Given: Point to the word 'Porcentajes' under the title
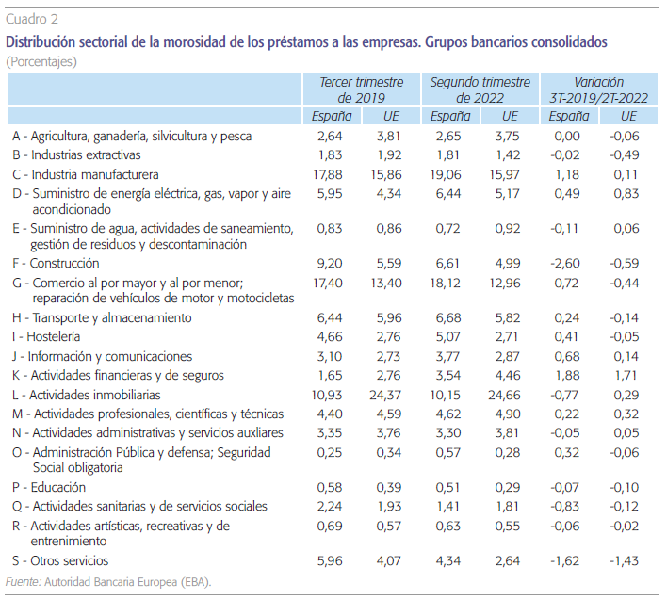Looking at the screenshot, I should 41,61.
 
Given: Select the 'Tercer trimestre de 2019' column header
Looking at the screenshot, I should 362,89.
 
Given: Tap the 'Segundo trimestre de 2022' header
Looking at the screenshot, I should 480,89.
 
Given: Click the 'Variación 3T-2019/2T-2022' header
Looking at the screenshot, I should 600,89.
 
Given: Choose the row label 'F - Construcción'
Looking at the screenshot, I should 57,264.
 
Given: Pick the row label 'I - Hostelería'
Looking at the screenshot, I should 47,336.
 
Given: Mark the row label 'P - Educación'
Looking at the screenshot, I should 49,487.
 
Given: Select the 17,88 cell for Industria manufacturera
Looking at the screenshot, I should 333,174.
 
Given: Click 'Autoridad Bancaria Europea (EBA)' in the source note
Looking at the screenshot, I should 128,582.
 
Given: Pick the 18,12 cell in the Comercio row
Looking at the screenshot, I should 449,283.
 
